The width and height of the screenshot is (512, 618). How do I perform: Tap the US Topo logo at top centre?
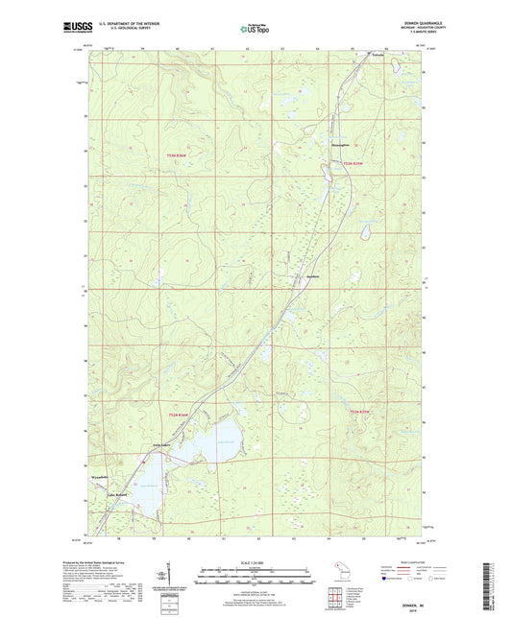255,30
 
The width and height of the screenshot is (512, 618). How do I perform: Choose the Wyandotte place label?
102,474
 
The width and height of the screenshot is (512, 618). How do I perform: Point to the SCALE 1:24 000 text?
256,561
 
